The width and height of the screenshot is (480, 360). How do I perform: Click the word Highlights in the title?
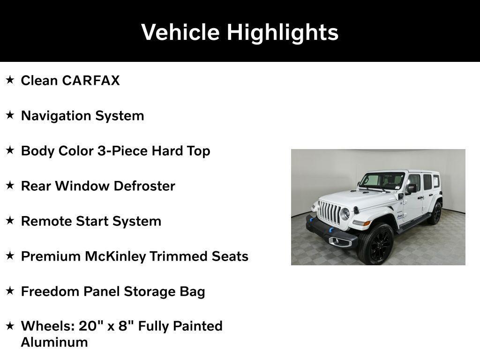pos(283,33)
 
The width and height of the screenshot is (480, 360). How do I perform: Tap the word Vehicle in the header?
pos(180,32)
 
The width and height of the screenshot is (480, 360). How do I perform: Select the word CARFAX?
pos(91,81)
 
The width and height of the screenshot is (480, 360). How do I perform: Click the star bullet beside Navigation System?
pos(10,115)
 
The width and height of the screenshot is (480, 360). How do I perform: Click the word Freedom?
pos(50,292)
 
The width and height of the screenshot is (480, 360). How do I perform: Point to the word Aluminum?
pos(54,342)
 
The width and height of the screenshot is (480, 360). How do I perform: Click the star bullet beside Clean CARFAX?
pos(10,80)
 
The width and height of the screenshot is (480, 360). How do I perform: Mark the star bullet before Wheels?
pos(10,325)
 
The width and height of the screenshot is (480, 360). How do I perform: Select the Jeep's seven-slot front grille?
pos(330,211)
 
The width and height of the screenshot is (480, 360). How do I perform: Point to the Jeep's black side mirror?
pos(412,188)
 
